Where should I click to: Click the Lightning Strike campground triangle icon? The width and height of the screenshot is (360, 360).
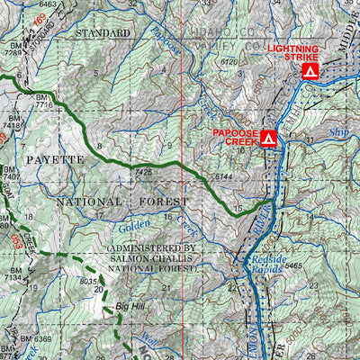(310, 69)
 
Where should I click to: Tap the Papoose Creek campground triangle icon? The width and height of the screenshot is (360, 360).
(268, 139)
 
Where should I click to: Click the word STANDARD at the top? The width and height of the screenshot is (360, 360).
(103, 33)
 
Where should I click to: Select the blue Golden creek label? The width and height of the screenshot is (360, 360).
(132, 222)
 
